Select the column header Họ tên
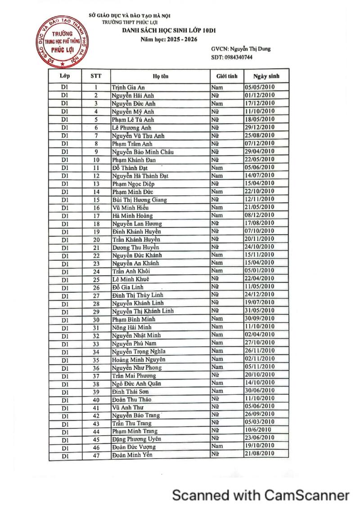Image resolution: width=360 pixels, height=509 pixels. click(x=160, y=76)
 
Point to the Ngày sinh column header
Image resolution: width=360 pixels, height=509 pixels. click(x=266, y=76)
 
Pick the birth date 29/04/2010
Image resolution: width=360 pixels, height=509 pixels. click(x=259, y=152)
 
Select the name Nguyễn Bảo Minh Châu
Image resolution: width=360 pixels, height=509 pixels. click(x=143, y=152)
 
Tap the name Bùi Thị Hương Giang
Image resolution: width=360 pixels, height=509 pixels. click(x=139, y=200)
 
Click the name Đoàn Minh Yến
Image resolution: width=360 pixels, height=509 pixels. click(x=132, y=455)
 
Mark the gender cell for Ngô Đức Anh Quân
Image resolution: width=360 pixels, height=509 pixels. click(x=217, y=383)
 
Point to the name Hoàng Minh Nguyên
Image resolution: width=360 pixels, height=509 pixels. click(x=138, y=359)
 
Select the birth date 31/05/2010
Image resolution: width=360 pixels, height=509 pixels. click(x=259, y=311)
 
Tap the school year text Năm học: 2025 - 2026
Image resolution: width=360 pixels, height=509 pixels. click(x=169, y=40)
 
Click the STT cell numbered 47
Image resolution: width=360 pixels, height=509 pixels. click(x=96, y=455)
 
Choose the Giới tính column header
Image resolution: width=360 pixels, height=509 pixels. click(x=227, y=76)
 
